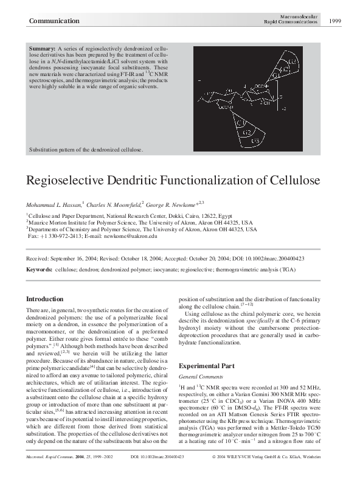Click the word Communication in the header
click(x=54, y=21)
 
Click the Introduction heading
click(x=45, y=299)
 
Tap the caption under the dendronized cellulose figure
click(x=86, y=149)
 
